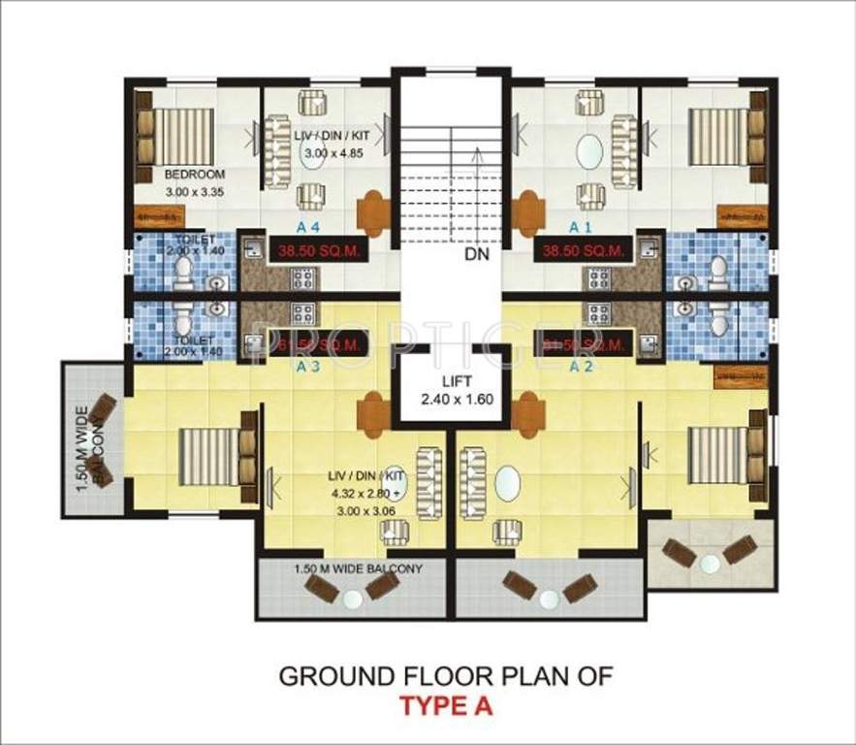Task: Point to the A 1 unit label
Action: click(x=580, y=227)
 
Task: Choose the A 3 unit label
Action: click(x=308, y=367)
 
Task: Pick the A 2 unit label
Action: click(x=581, y=367)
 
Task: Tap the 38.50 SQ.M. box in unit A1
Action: click(x=583, y=249)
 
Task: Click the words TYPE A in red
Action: click(x=447, y=706)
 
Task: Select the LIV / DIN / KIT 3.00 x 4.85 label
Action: click(x=328, y=146)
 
